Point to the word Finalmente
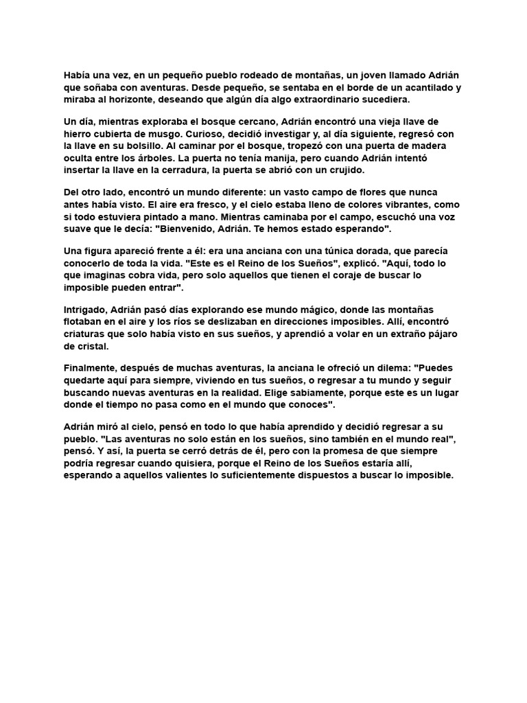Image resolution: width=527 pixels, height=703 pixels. pos(93,369)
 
